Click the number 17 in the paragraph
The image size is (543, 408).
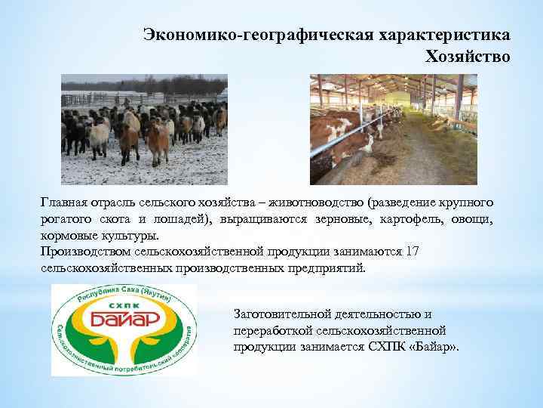413,252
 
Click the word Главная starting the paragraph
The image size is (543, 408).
63,203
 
